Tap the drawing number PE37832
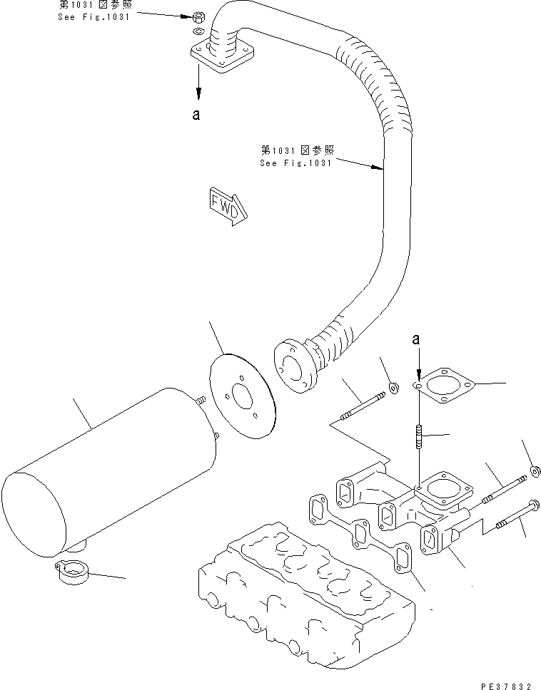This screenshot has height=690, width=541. tap(506, 685)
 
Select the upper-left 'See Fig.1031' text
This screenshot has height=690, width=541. tap(93, 12)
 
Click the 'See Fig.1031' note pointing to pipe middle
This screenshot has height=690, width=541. tap(296, 156)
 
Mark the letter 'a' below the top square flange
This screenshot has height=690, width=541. tap(196, 114)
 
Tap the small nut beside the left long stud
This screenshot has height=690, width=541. tap(393, 388)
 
